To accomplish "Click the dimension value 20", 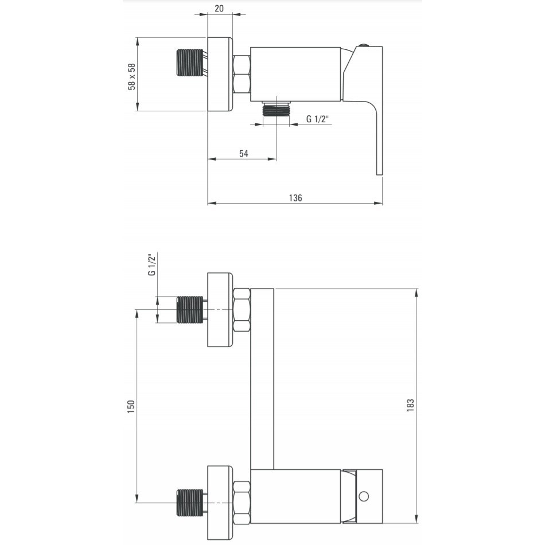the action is (219, 9).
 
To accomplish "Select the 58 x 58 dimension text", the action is (132, 76).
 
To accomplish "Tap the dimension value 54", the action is (244, 154).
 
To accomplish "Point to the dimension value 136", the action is (295, 198).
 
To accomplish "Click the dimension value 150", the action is (131, 407).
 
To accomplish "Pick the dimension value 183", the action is (411, 406).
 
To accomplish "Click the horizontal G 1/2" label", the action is (317, 119).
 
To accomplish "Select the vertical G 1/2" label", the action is (152, 265).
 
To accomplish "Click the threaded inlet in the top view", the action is (190, 63).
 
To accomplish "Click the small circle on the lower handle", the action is (364, 496).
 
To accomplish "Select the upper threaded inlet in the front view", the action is (190, 310).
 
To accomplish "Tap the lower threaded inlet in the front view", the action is (190, 503).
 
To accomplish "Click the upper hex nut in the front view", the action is (242, 310).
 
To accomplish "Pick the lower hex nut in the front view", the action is (242, 503).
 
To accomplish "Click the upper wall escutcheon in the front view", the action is (220, 310).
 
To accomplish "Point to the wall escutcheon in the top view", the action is (220, 74).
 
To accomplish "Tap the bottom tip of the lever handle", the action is (379, 174).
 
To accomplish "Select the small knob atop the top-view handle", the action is (364, 45).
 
